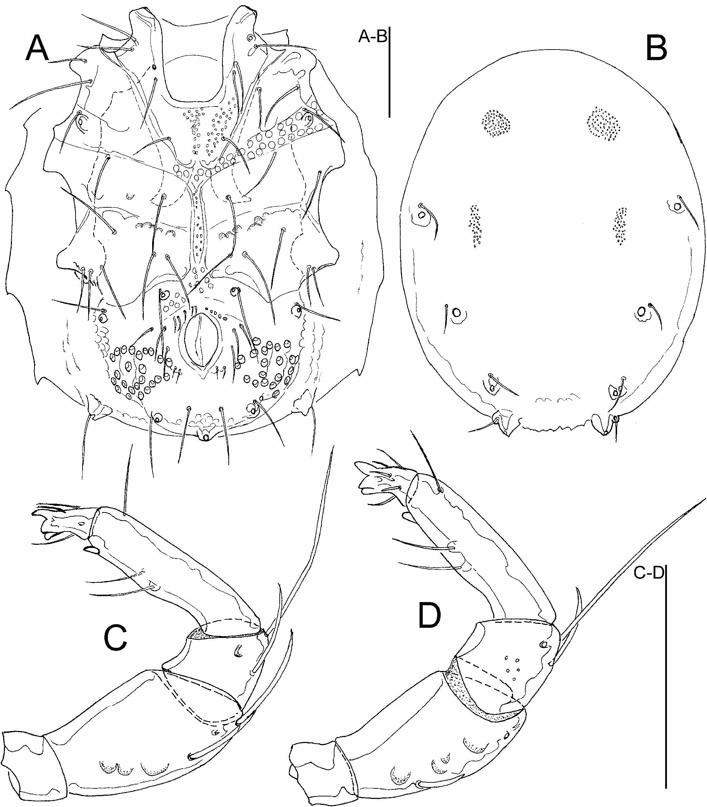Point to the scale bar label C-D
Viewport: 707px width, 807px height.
pyautogui.click(x=649, y=573)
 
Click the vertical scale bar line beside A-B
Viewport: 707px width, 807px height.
pyautogui.click(x=389, y=72)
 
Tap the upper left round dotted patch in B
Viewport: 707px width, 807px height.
pyautogui.click(x=495, y=123)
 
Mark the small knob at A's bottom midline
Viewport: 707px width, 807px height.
pyautogui.click(x=205, y=437)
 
